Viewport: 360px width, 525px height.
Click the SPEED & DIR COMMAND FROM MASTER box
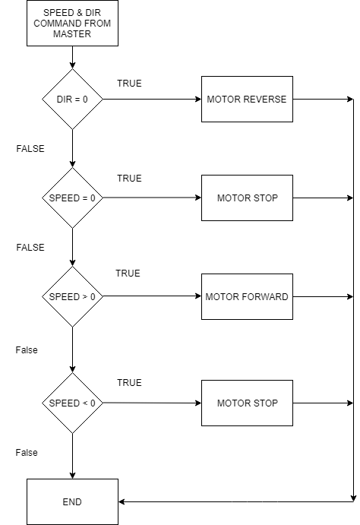(72, 23)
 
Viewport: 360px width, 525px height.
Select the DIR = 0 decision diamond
(72, 99)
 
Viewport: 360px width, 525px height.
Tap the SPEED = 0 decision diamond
(72, 198)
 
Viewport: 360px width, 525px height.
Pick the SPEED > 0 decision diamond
(72, 296)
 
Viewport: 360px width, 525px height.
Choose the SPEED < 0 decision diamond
(72, 403)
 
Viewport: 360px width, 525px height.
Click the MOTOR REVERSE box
(247, 99)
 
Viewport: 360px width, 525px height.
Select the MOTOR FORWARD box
(247, 296)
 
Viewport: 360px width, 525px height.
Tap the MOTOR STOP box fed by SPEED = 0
(247, 198)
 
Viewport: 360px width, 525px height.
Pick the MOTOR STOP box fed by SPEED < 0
(247, 403)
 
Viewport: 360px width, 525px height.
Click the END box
(72, 502)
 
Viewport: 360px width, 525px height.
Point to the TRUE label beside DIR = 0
(129, 84)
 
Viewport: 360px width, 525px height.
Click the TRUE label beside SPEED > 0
(128, 274)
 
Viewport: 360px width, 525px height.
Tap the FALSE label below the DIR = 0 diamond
(30, 149)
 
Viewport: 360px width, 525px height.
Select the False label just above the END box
(27, 453)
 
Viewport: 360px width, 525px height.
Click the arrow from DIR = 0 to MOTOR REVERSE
(152, 99)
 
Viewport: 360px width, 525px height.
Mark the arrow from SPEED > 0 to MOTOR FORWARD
(152, 296)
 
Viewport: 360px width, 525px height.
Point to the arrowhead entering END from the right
(122, 502)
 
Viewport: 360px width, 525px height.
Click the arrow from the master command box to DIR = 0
(72, 57)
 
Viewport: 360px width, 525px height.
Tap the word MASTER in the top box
(72, 34)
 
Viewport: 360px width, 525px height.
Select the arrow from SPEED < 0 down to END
(72, 456)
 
